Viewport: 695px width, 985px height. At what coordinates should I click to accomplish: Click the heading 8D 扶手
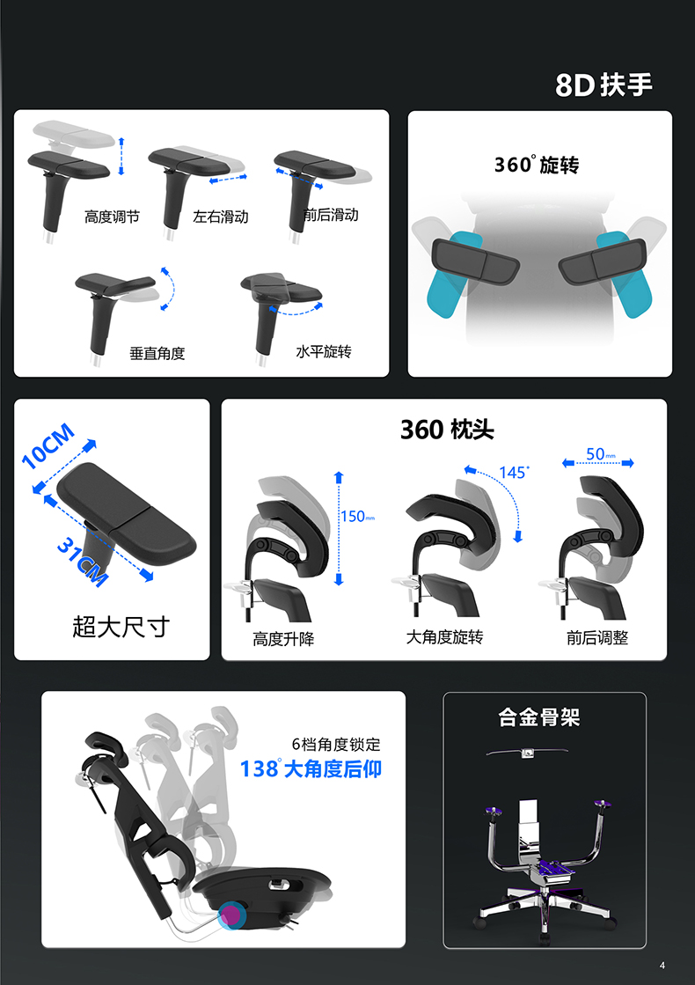click(604, 85)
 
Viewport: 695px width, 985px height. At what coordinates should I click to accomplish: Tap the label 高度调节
click(112, 217)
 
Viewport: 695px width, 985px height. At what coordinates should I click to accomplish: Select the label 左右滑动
click(221, 217)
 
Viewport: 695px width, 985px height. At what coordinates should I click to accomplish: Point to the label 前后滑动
click(331, 215)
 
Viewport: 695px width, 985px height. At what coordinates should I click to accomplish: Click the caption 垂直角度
click(157, 353)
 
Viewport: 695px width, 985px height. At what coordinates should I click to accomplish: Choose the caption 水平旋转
click(323, 351)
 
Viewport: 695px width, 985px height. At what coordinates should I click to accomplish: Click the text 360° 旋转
click(536, 165)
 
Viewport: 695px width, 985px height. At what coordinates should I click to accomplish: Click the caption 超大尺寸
click(121, 627)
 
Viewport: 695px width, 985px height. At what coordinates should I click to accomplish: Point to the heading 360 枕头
click(447, 430)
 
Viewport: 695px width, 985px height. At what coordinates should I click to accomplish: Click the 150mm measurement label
click(358, 517)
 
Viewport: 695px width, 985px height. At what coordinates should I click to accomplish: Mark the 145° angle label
click(514, 472)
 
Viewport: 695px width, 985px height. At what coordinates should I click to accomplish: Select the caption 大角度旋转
click(444, 636)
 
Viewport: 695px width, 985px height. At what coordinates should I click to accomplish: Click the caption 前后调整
click(597, 638)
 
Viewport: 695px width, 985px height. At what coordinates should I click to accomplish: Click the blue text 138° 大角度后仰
click(311, 768)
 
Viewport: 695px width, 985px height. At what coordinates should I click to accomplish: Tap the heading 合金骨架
click(539, 717)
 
